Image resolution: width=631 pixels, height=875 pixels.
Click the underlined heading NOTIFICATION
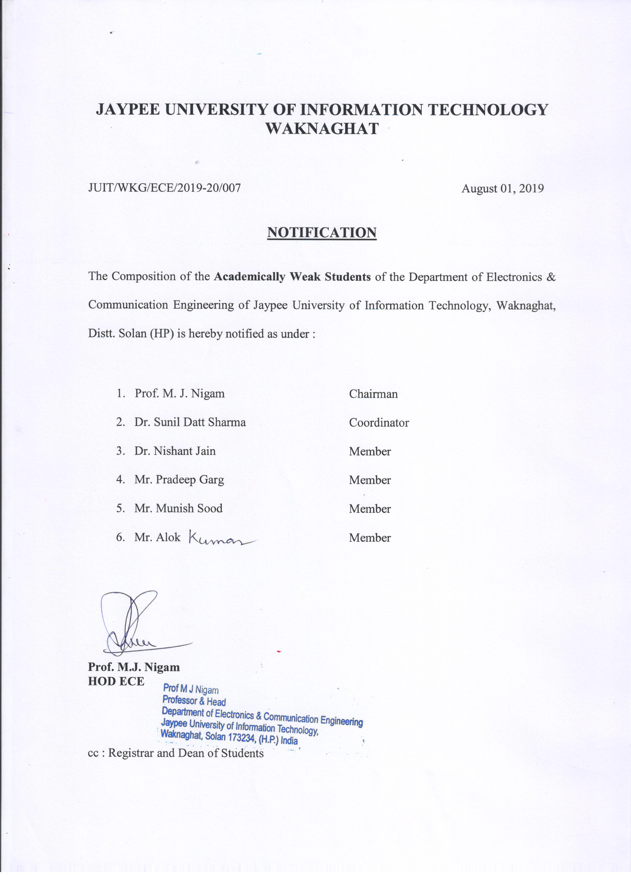pyautogui.click(x=322, y=233)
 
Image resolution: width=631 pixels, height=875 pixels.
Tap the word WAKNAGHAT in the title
pyautogui.click(x=322, y=128)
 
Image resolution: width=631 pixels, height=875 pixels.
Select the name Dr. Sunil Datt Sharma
pyautogui.click(x=190, y=422)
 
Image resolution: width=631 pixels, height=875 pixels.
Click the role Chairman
pyautogui.click(x=373, y=394)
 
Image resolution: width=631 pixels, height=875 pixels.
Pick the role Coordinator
pyautogui.click(x=379, y=423)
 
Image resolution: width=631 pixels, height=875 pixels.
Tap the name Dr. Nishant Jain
pyautogui.click(x=175, y=451)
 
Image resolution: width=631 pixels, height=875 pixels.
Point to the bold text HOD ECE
pyautogui.click(x=116, y=681)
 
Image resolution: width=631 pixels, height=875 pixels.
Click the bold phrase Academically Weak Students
pyautogui.click(x=292, y=277)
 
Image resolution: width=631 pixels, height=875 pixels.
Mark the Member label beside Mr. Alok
pyautogui.click(x=370, y=538)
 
